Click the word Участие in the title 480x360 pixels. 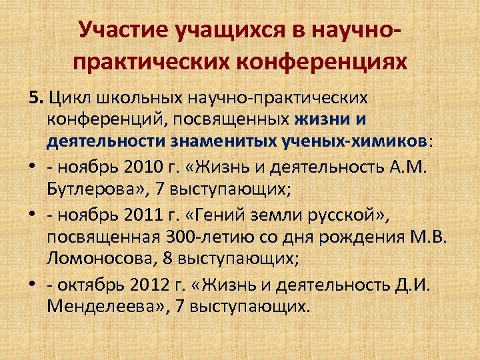[x=119, y=29]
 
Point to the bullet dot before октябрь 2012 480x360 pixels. [x=32, y=284]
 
